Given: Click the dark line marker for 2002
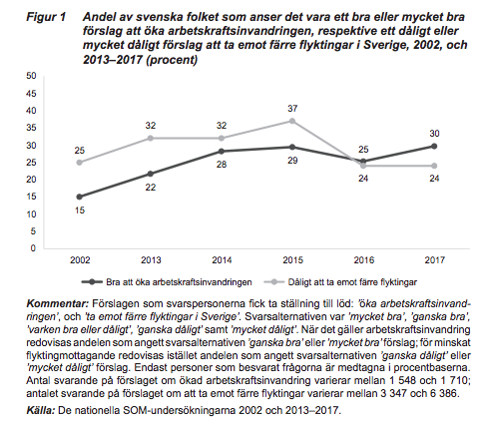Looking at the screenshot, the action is pos(79,197).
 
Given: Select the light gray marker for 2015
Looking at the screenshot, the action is pos(292,121).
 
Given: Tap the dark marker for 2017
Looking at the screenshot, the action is pos(434,146).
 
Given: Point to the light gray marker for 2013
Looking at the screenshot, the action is pos(151,138).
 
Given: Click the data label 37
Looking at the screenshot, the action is pos(292,109).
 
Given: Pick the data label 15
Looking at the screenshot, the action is pos(80,211).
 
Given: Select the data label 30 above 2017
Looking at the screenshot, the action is pos(434,134).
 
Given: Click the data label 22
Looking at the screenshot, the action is pos(151,188).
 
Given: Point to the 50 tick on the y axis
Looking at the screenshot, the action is pos(31,76).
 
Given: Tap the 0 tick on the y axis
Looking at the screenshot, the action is pos(33,248).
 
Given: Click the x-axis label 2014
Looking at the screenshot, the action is pos(222,260).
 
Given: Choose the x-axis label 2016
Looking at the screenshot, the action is pos(363,260).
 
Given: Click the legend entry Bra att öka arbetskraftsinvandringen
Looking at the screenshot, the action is pos(167,282).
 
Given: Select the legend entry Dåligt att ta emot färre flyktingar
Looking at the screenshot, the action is pos(340,282).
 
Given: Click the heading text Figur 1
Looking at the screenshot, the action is pos(46,17).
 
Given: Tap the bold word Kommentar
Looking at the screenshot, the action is pos(58,303).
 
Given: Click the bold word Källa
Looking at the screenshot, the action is pos(40,410).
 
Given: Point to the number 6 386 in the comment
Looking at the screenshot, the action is pos(443,393).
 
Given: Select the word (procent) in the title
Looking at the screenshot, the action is pos(172,60).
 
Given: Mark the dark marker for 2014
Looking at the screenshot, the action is pos(222,152).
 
